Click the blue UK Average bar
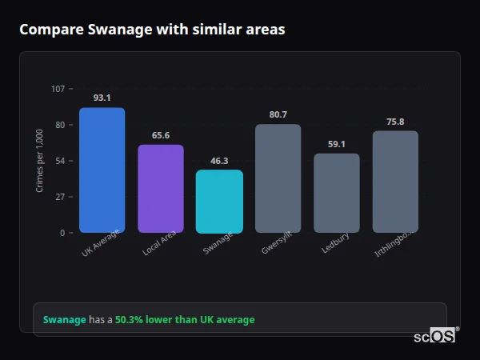102,170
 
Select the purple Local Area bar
161,189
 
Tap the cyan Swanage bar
219,202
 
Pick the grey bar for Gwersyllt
278,178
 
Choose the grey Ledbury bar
337,193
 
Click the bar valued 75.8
395,182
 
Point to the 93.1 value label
102,98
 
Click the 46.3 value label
219,161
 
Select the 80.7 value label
278,114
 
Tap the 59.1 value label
337,144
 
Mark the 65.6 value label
161,135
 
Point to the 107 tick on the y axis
58,89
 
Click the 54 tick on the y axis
60,161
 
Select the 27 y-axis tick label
60,197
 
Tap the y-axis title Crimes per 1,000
40,161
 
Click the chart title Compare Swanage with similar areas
152,30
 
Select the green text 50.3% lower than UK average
185,320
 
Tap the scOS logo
435,336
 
